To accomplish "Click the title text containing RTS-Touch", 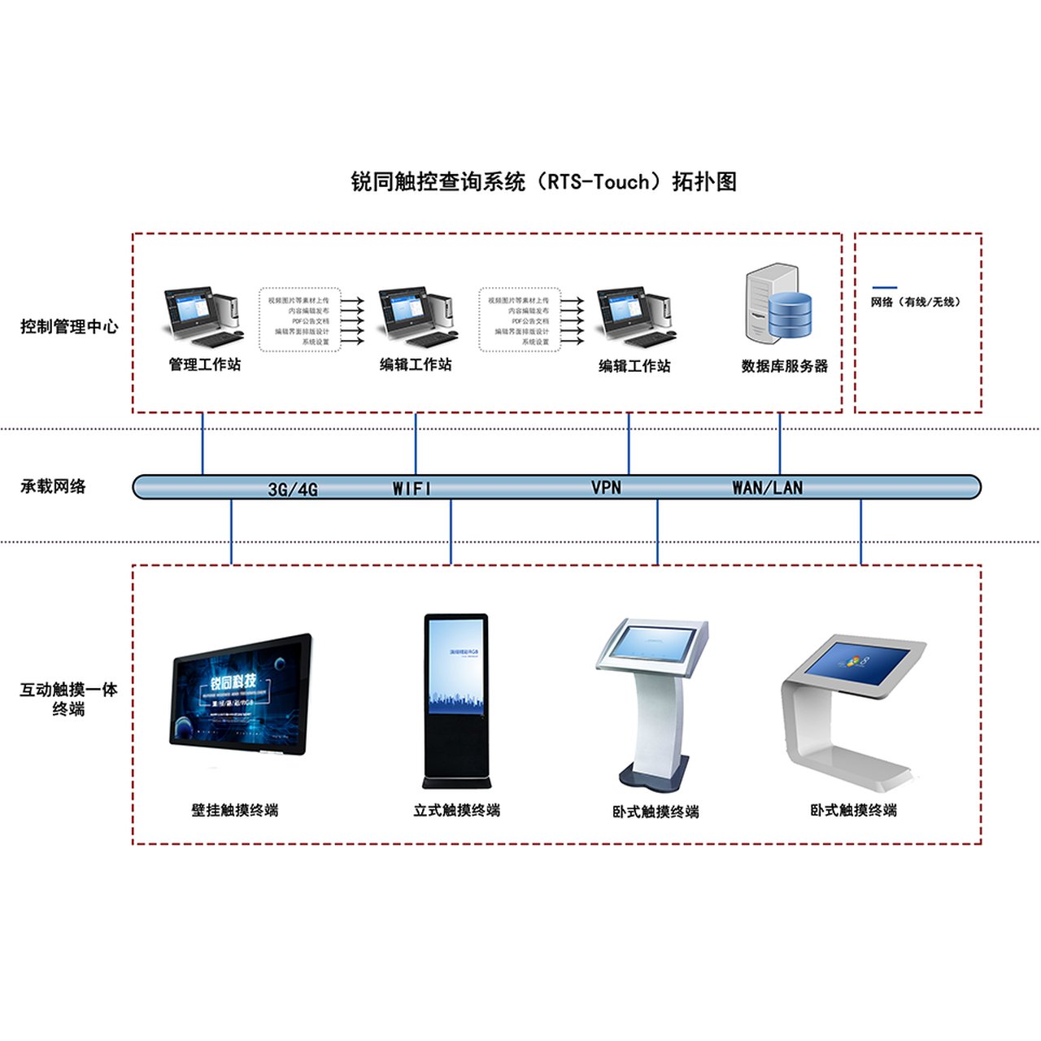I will tap(543, 181).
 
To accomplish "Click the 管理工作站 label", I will tap(205, 364).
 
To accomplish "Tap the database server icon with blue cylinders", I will tap(779, 303).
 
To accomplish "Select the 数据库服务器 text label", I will tap(784, 366).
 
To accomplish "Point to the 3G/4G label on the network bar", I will tap(293, 490).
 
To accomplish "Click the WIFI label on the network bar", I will tap(412, 489).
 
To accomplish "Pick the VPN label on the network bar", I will tap(606, 488).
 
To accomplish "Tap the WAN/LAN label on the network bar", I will tap(767, 488).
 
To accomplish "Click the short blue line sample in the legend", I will tap(884, 287).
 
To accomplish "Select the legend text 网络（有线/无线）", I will tap(916, 302).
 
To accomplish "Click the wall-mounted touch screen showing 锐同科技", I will tap(241, 694).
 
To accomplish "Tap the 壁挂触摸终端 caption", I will tap(235, 810).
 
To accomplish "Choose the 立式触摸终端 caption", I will tap(456, 810).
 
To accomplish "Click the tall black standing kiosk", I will tap(456, 699).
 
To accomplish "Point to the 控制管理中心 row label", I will tap(69, 327).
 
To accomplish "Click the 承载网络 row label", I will tap(53, 486).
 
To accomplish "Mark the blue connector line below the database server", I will tap(780, 443).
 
